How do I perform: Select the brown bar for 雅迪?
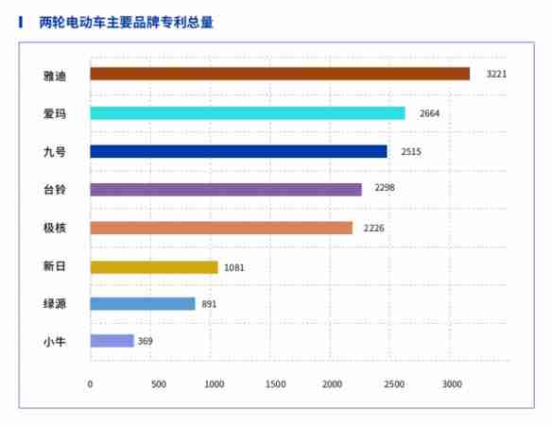tap(280, 74)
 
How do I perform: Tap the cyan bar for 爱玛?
tap(248, 113)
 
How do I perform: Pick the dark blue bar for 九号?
tap(238, 151)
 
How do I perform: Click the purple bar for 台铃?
tap(226, 189)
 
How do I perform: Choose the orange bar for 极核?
tap(221, 228)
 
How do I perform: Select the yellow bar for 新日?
tap(154, 267)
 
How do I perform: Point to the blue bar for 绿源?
tap(143, 304)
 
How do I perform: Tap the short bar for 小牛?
tap(112, 341)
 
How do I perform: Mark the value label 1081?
tap(234, 267)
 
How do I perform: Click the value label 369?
tap(146, 341)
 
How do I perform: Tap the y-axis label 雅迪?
tap(55, 74)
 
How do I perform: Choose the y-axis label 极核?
tap(55, 228)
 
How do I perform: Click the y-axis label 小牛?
tap(55, 341)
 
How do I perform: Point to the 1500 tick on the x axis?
tap(275, 384)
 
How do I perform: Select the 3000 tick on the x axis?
tap(452, 384)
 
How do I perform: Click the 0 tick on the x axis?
tap(91, 384)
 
